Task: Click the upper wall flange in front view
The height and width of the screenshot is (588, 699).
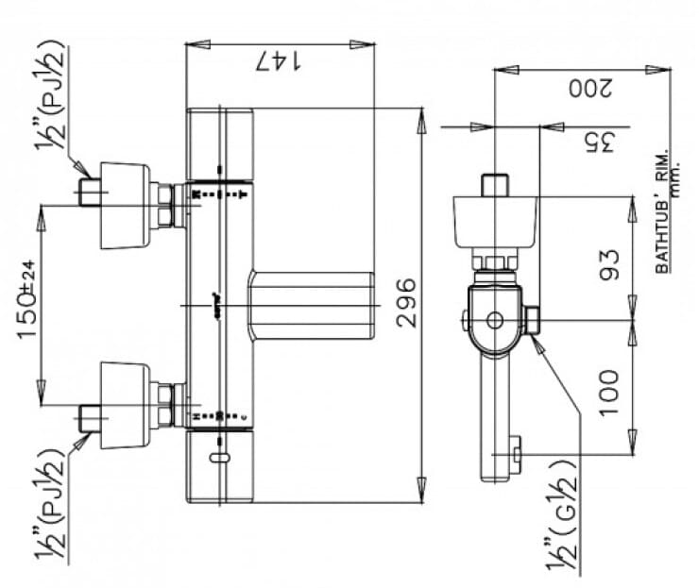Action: [x=125, y=206]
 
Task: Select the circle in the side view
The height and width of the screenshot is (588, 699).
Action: [x=493, y=319]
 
